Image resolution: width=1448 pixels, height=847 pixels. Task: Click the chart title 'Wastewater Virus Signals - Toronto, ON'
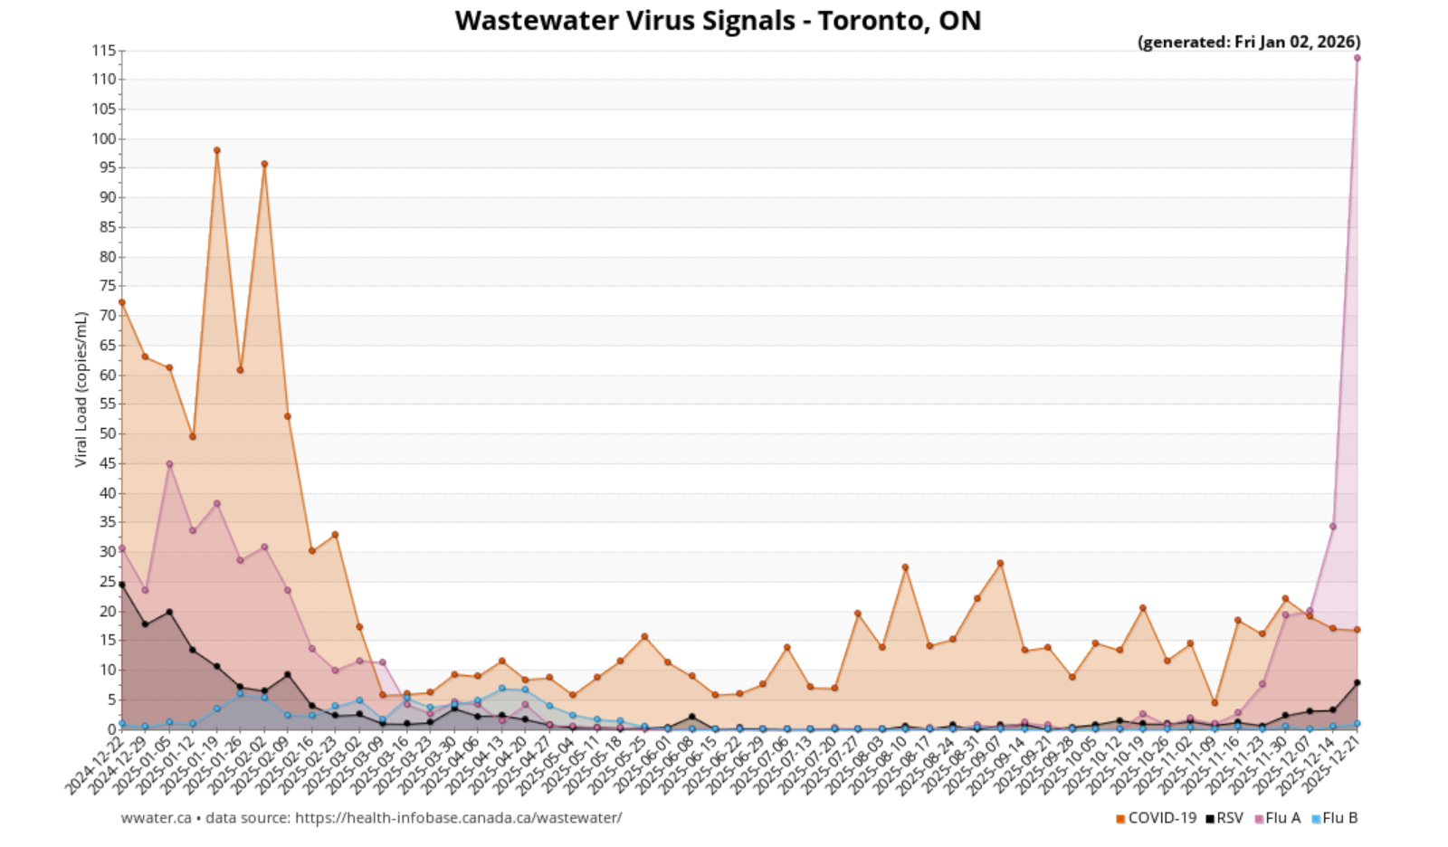[x=718, y=20]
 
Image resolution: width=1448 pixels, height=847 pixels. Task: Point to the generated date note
[x=1248, y=42]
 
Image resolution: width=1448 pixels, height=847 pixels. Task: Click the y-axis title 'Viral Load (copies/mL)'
[x=81, y=389]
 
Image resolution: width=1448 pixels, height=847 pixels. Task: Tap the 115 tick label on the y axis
[x=104, y=51]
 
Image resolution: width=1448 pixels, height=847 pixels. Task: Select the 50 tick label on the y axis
[x=108, y=433]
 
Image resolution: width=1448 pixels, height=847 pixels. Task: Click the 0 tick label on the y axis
[x=112, y=728]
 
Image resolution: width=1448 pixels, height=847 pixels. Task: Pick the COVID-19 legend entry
[x=1156, y=818]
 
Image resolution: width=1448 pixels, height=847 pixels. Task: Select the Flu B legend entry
[x=1335, y=818]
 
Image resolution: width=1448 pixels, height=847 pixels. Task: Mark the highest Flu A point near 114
[x=1357, y=58]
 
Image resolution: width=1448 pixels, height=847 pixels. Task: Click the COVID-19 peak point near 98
[x=216, y=150]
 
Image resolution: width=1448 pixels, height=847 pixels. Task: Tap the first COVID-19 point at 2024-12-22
[x=121, y=302]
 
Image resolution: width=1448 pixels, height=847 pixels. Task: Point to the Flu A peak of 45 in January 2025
[x=169, y=463]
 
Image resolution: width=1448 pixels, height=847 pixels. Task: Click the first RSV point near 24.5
[x=121, y=585]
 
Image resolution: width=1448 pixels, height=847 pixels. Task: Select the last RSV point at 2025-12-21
[x=1357, y=682]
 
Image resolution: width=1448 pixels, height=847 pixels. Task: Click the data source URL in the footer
[x=458, y=818]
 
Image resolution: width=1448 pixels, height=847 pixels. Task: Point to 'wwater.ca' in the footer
[x=156, y=818]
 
